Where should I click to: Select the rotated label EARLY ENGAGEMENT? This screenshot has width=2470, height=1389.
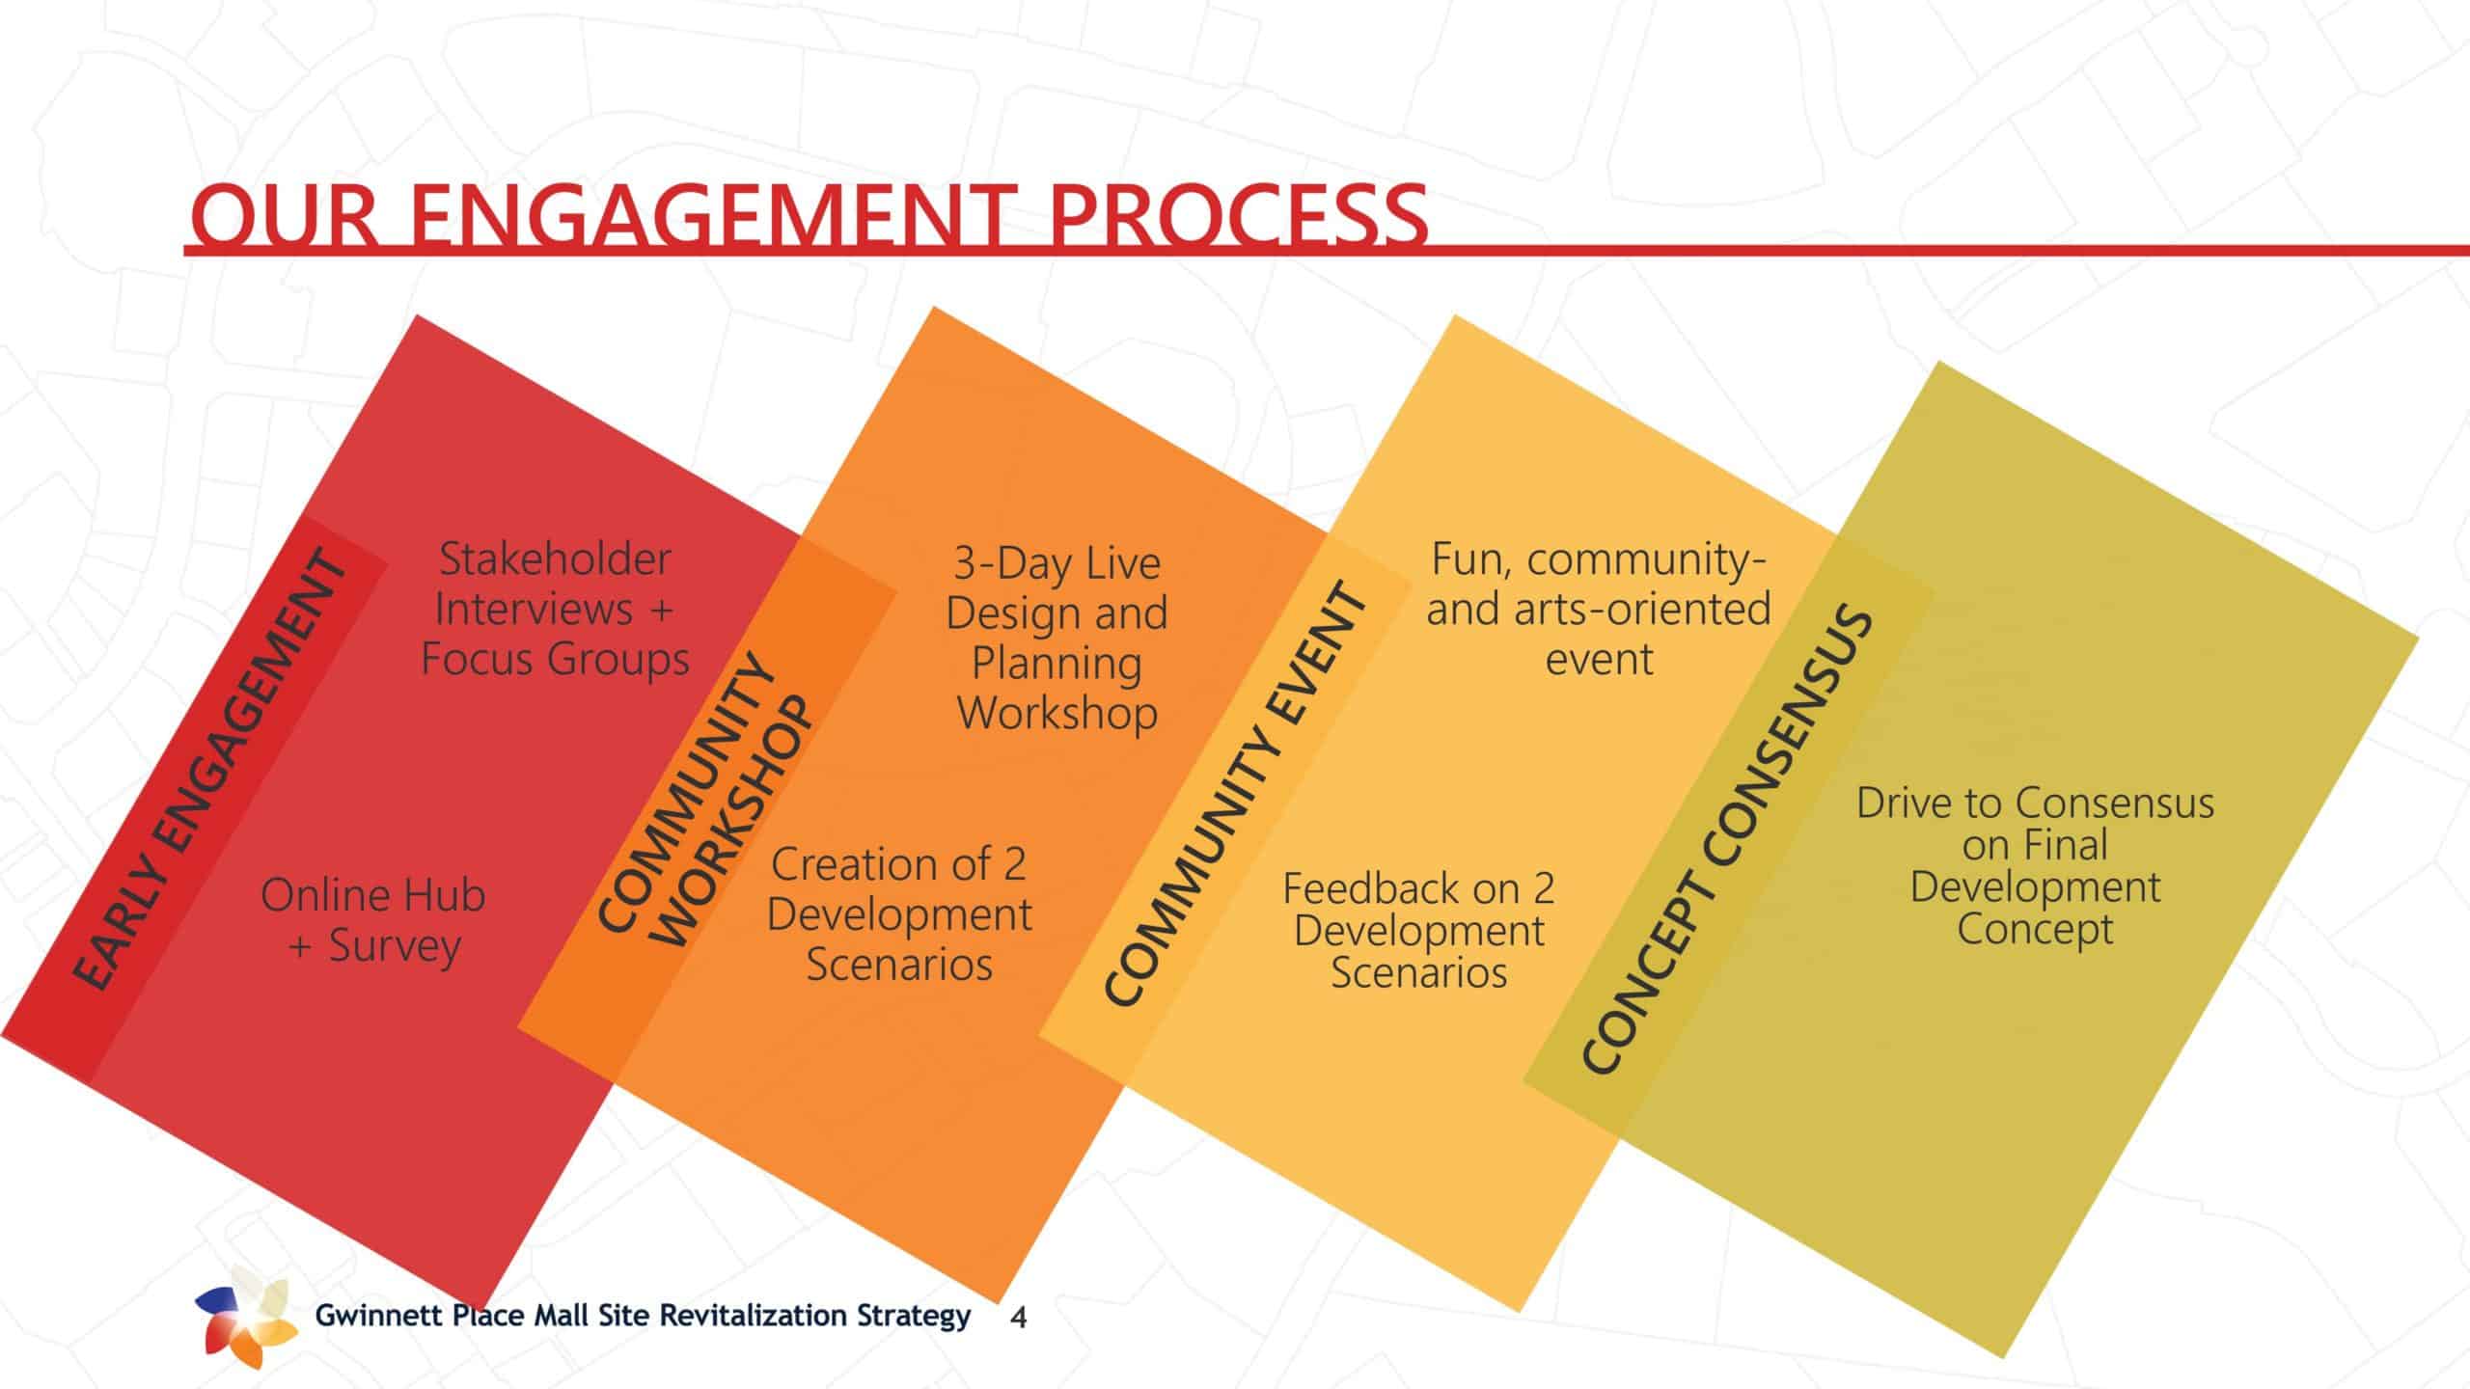209,769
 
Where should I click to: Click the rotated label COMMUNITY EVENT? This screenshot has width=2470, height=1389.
1236,793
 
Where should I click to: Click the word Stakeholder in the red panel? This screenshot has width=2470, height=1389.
555,558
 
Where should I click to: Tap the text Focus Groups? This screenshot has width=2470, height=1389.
555,660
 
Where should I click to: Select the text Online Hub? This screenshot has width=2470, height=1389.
372,895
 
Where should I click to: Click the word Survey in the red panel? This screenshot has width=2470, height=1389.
395,946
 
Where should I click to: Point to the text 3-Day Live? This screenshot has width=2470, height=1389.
1057,563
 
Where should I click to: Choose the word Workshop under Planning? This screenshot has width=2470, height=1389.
1057,714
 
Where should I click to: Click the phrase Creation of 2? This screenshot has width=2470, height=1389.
898,864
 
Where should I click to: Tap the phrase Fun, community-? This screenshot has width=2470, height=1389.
1599,559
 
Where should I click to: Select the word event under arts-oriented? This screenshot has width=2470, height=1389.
1599,660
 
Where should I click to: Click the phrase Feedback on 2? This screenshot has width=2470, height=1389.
1418,888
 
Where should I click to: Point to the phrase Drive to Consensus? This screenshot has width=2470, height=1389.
2035,803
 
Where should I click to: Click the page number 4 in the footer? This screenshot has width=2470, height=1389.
1018,1319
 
